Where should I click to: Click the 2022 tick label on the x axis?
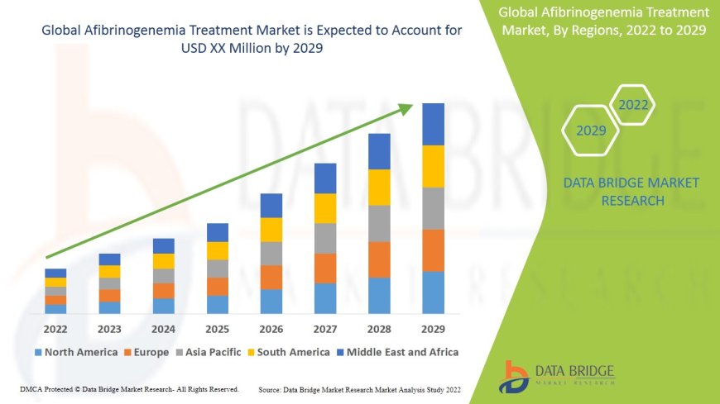tap(55, 329)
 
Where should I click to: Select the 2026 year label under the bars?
tap(271, 329)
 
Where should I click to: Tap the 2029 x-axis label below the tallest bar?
tap(433, 329)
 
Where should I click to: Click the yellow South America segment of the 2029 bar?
tap(433, 166)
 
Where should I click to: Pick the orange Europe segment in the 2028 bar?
tap(379, 259)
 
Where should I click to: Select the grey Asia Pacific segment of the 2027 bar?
tap(325, 238)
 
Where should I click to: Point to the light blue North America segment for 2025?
tap(218, 305)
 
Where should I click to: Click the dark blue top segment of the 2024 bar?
tap(164, 245)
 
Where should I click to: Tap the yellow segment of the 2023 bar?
tap(109, 271)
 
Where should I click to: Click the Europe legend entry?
tap(146, 352)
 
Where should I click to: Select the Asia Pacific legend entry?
tap(208, 352)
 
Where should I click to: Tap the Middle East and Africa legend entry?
tap(398, 352)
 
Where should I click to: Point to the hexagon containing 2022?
tap(633, 105)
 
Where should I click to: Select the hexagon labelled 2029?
tap(591, 131)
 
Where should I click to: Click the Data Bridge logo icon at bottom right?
tap(516, 376)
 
